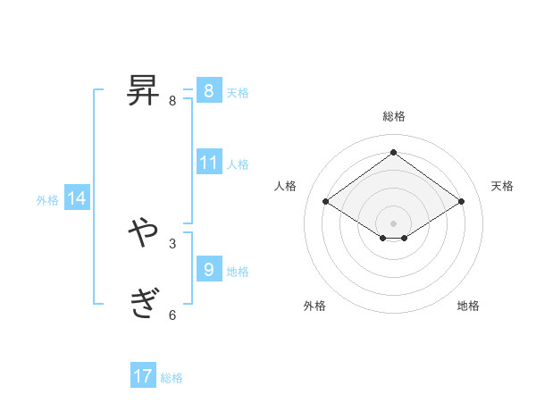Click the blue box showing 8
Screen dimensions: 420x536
[x=208, y=91]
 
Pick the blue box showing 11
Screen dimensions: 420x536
[x=209, y=163]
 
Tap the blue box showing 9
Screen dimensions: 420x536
[x=208, y=268]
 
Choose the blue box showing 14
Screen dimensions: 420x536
[x=77, y=198]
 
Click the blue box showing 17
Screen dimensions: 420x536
[x=143, y=376]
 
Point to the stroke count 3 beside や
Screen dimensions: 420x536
[x=172, y=242]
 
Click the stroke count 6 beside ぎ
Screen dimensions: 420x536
[x=172, y=314]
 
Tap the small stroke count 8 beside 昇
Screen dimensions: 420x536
[x=172, y=100]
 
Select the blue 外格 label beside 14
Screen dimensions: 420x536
[x=47, y=200]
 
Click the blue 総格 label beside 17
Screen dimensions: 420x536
[x=172, y=378]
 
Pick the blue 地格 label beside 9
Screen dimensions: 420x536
[x=238, y=272]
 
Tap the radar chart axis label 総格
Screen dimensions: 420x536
[x=393, y=116]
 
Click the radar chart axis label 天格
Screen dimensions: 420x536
[x=502, y=186]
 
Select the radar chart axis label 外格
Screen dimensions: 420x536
[x=314, y=306]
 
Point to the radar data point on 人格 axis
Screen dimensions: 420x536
[x=326, y=202]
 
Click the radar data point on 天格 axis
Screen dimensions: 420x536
[x=461, y=202]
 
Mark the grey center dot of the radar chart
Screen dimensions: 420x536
[x=393, y=222]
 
